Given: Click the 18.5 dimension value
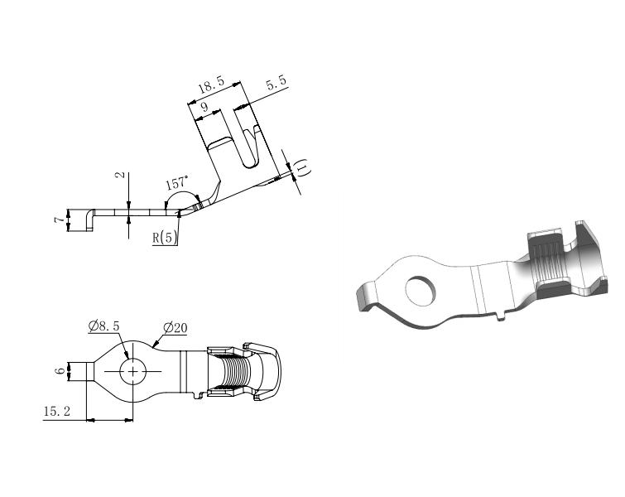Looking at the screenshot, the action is [211, 84].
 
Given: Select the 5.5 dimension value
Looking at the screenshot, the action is [276, 82].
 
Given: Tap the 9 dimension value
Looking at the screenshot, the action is [204, 107].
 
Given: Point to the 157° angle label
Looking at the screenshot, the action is [176, 183].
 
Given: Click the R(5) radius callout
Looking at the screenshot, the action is [164, 238].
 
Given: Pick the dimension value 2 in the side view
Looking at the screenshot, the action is [119, 175].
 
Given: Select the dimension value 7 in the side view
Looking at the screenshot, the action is [59, 220].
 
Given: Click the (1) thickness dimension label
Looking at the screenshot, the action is [303, 166].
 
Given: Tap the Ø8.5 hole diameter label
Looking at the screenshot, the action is [104, 326].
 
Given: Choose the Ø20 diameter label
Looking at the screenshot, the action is [175, 328].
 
